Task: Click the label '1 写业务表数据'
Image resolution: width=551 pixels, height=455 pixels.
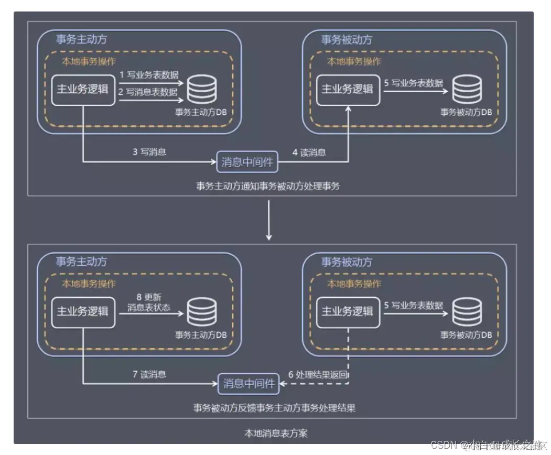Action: [x=148, y=75]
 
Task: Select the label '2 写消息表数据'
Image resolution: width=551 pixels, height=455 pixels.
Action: [x=148, y=92]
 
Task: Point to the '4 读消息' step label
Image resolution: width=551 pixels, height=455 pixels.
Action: [x=309, y=153]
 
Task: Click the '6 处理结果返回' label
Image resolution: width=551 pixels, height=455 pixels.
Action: [x=318, y=375]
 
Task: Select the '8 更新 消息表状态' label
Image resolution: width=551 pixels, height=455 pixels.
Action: [x=149, y=302]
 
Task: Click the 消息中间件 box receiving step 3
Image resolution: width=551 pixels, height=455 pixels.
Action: [x=247, y=162]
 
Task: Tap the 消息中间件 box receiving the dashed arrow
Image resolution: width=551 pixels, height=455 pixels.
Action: [x=249, y=384]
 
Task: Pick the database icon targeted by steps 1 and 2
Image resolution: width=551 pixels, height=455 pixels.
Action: [x=203, y=91]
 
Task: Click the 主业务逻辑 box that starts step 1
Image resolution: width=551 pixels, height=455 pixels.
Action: [x=82, y=90]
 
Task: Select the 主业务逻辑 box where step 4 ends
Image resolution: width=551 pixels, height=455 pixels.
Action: [x=347, y=90]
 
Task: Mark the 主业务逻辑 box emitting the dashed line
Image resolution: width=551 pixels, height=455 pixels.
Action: [x=347, y=312]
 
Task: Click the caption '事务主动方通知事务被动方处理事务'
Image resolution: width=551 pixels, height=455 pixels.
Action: [x=268, y=186]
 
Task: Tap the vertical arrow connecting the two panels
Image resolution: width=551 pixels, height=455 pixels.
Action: [x=269, y=220]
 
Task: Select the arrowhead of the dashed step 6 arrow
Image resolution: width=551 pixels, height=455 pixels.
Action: [x=283, y=385]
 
